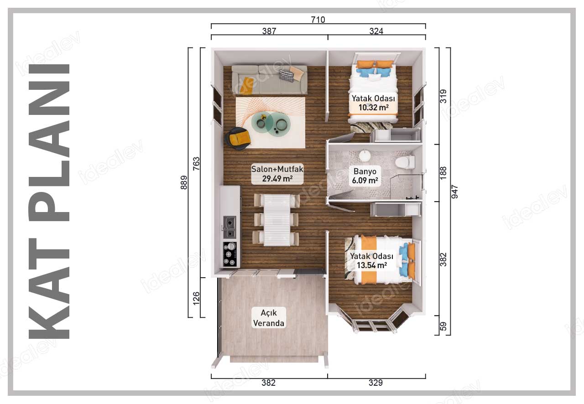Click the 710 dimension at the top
pos(318,20)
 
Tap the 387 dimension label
pos(269,31)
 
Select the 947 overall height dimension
pos(454,192)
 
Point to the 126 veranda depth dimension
pos(196,298)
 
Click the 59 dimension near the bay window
pos(443,326)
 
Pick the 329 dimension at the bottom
pos(375,383)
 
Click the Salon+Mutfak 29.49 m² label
pos(277,174)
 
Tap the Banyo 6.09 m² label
pos(365,176)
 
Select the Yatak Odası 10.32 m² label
pos(373,103)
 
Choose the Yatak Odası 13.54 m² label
pos(372,261)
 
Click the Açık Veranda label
pos(269,318)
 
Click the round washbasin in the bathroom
pos(365,155)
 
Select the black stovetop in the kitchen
pos(229,254)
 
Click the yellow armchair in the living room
pos(238,139)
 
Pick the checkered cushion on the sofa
pos(286,76)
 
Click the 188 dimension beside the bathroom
pos(443,172)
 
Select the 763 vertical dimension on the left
pos(196,164)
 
